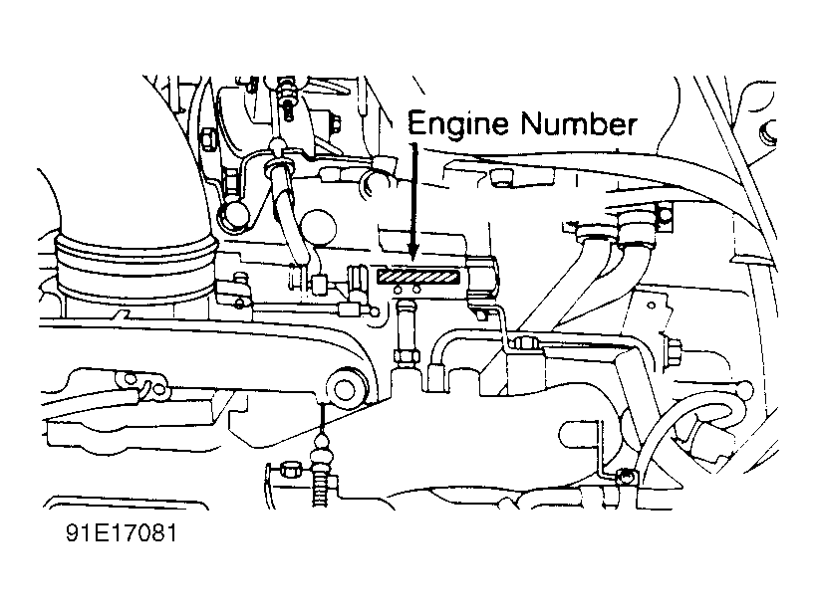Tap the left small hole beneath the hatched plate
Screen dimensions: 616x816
tap(399, 291)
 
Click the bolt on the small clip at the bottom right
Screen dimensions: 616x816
tap(623, 476)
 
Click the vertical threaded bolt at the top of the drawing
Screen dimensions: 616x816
tap(287, 95)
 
